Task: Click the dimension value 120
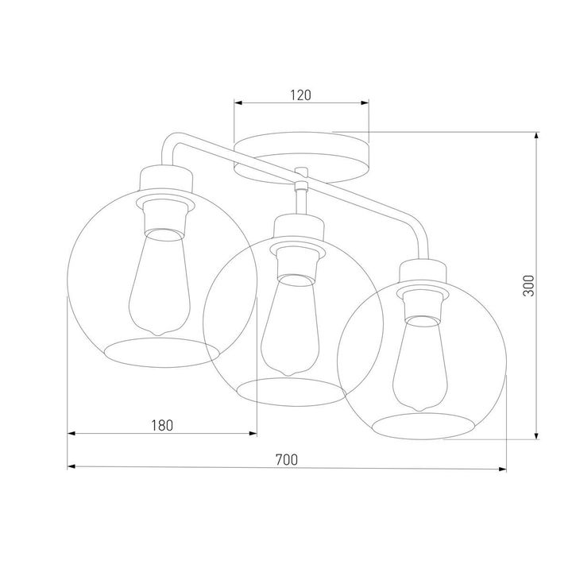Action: coord(299,95)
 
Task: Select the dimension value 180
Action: coord(161,425)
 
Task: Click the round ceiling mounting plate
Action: coord(303,156)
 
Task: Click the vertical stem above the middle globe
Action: coord(302,202)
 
